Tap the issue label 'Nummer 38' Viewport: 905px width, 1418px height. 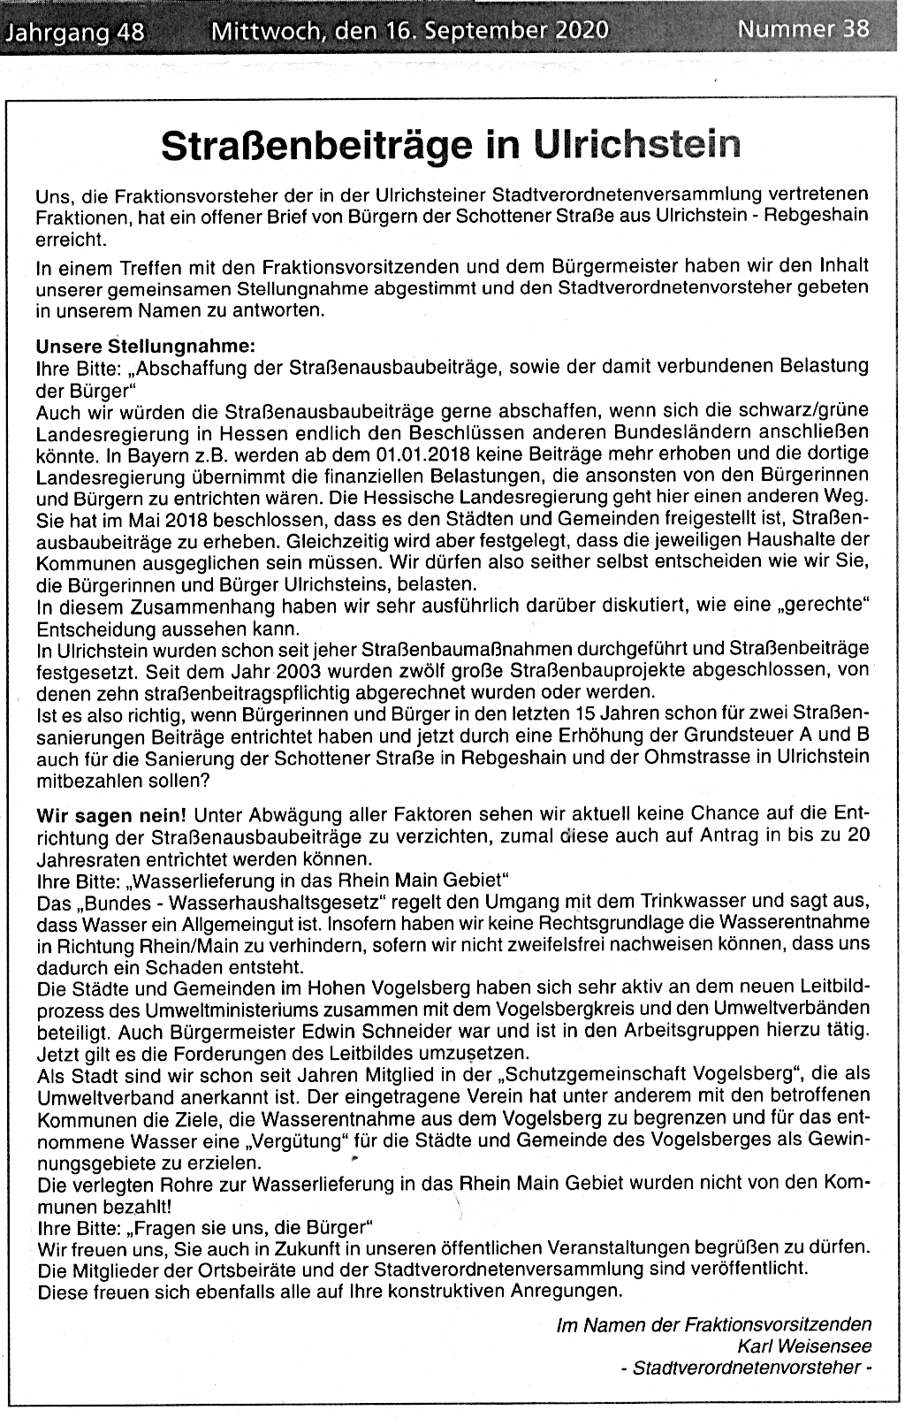(x=802, y=30)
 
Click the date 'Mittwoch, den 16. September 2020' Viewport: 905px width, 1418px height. (x=410, y=32)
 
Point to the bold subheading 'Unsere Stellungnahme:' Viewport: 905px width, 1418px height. (x=145, y=346)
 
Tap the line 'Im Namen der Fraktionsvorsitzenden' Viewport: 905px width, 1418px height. (x=713, y=1324)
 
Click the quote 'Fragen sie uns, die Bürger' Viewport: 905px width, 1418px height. (x=250, y=1228)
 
